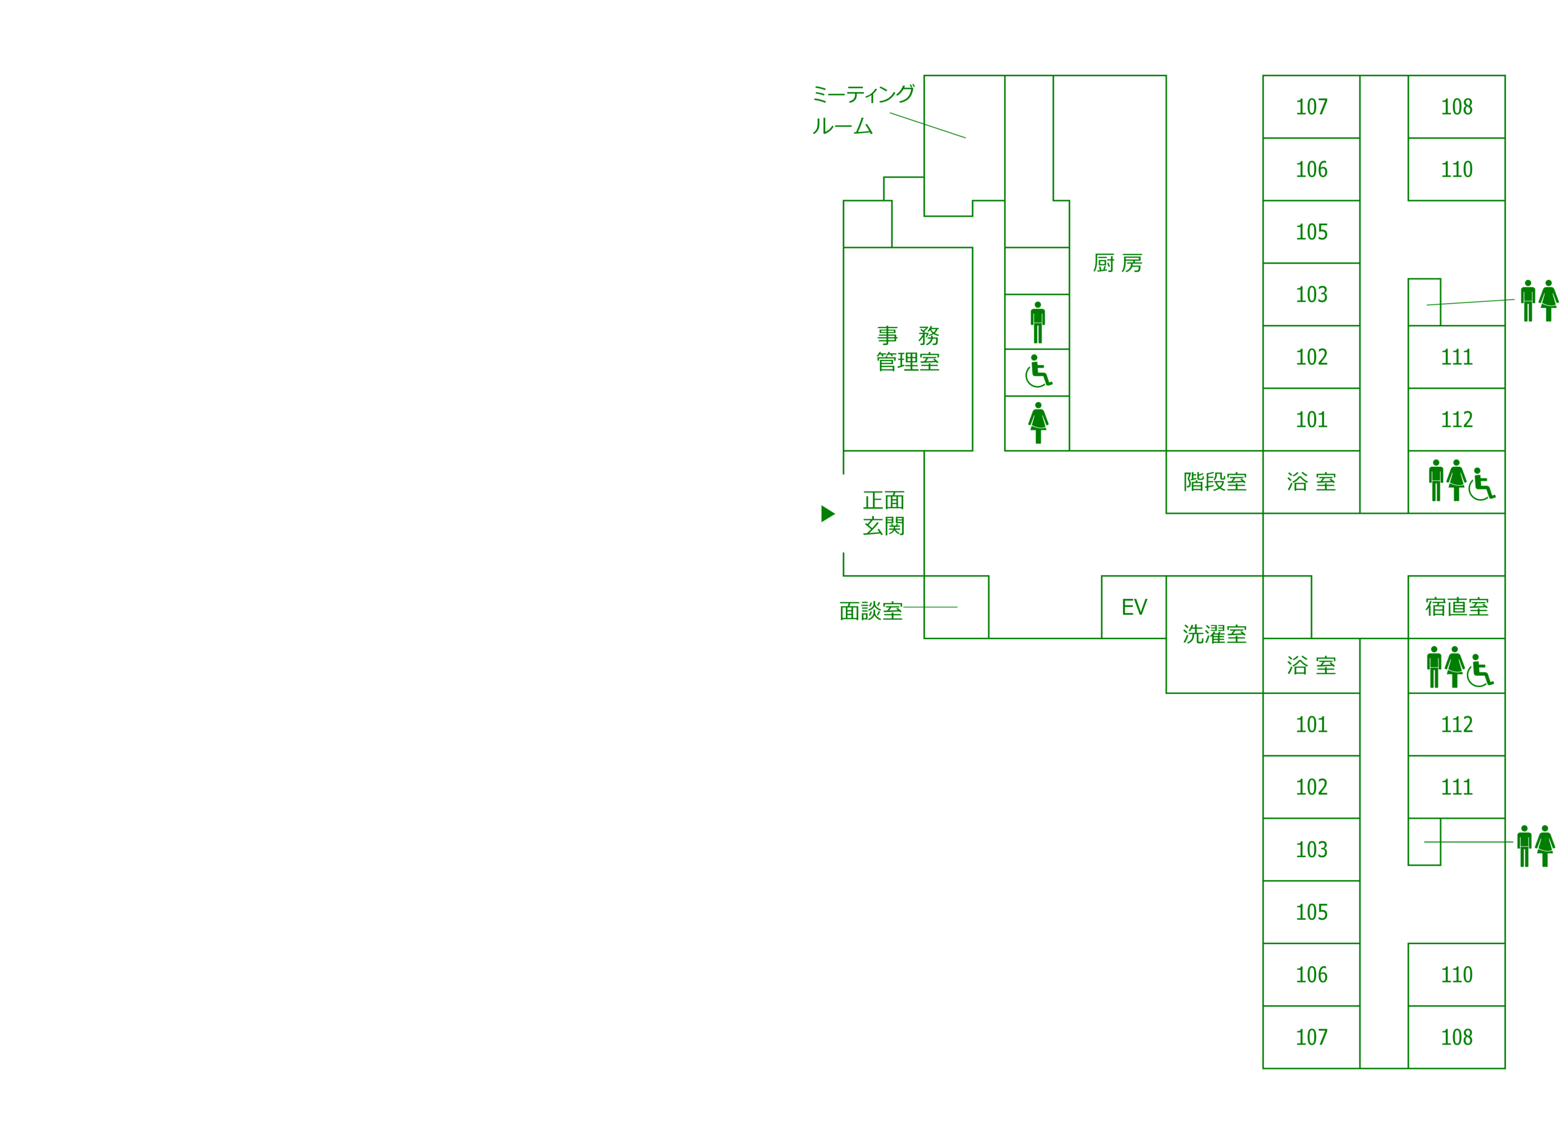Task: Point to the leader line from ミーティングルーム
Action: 927,125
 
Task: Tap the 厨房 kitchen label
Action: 1117,264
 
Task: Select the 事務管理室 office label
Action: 907,349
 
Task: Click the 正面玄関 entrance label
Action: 883,513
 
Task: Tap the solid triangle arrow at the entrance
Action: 827,514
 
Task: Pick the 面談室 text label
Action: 870,611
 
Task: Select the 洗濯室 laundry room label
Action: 1214,634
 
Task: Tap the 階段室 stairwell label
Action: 1214,481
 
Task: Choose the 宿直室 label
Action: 1457,607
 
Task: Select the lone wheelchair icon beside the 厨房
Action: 1038,371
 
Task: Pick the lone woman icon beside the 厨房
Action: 1038,423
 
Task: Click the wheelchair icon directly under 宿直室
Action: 1479,670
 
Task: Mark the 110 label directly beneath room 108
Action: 1457,169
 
